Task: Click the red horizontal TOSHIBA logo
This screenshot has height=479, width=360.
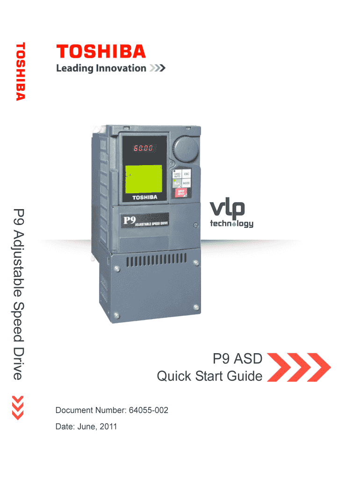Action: click(101, 51)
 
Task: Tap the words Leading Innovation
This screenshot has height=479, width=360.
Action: click(101, 68)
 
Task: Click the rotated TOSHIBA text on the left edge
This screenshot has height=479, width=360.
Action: click(20, 71)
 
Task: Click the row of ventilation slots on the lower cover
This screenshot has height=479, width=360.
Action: click(156, 259)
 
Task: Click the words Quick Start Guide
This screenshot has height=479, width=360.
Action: click(209, 376)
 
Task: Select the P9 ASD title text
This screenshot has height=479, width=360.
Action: click(238, 359)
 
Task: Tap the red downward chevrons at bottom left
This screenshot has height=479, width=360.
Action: click(18, 407)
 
